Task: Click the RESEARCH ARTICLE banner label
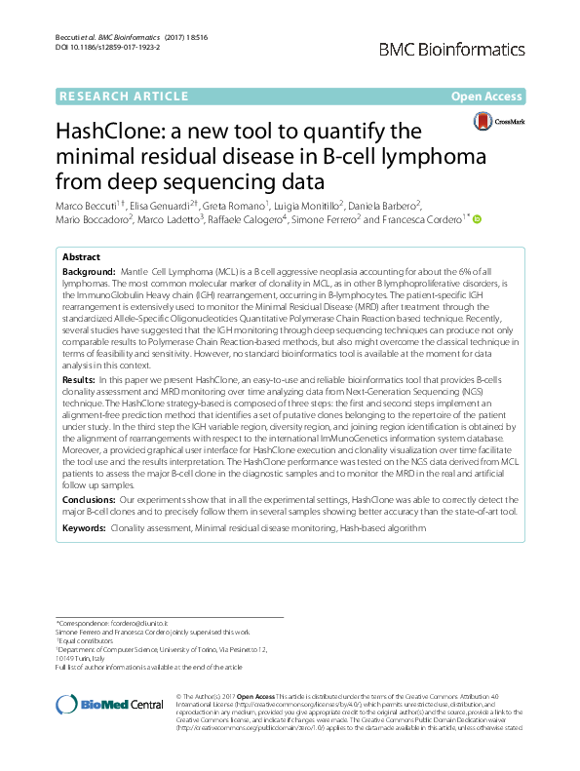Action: [124, 96]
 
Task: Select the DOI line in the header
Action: [105, 48]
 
